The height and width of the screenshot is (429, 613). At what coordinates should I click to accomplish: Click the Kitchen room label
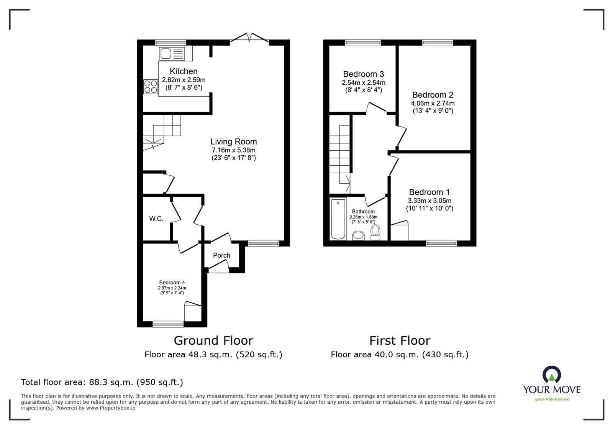[x=184, y=71]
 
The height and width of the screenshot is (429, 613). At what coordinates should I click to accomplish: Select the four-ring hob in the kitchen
[x=151, y=87]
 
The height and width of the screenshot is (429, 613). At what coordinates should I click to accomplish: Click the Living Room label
[x=233, y=141]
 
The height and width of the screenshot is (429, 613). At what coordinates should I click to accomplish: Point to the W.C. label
[x=156, y=219]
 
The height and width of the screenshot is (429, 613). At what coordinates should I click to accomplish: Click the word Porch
[x=221, y=255]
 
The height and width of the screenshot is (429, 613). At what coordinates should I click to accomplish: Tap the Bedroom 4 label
[x=172, y=282]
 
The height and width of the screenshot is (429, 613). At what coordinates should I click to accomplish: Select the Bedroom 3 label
[x=364, y=74]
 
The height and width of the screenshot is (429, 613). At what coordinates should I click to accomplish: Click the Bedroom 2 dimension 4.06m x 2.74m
[x=433, y=104]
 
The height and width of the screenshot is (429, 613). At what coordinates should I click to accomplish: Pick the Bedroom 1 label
[x=429, y=192]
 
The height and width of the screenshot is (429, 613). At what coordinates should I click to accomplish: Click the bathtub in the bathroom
[x=338, y=219]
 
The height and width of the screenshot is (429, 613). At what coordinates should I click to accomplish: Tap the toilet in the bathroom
[x=375, y=232]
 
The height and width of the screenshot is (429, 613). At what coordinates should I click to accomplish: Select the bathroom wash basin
[x=358, y=236]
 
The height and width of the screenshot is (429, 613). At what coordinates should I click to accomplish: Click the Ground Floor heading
[x=213, y=340]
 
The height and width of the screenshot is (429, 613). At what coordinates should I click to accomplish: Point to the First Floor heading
[x=400, y=340]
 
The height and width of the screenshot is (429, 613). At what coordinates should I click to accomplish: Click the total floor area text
[x=102, y=382]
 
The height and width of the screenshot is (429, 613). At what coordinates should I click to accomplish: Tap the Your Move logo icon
[x=552, y=374]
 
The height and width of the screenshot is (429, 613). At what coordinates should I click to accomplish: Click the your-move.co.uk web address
[x=552, y=399]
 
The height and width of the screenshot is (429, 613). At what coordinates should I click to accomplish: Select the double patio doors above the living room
[x=249, y=38]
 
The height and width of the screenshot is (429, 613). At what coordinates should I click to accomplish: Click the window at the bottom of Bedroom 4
[x=168, y=324]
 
